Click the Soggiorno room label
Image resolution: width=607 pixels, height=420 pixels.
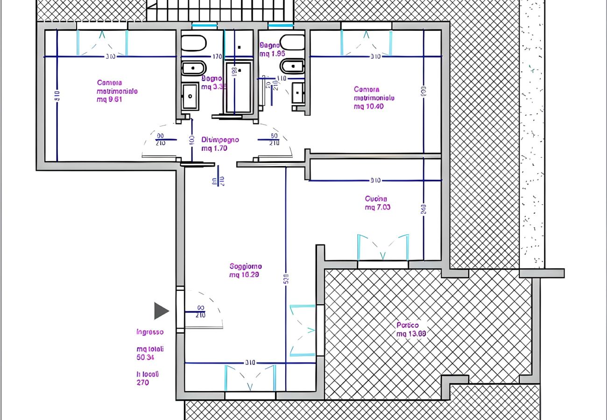pyautogui.click(x=245, y=270)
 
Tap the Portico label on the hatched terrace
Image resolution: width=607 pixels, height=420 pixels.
pyautogui.click(x=411, y=329)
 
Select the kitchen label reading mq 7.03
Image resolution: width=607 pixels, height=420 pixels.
pyautogui.click(x=377, y=203)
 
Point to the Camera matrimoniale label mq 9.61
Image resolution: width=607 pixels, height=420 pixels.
pyautogui.click(x=117, y=91)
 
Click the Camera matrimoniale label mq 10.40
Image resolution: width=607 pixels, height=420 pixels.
pyautogui.click(x=374, y=98)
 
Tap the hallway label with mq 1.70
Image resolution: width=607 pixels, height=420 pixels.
pyautogui.click(x=220, y=144)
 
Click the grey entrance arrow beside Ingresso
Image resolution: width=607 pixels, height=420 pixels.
pyautogui.click(x=161, y=311)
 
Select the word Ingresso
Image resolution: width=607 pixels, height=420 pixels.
pyautogui.click(x=150, y=332)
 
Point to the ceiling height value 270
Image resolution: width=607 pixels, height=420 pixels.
pyautogui.click(x=143, y=383)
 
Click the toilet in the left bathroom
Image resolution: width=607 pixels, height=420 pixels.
pyautogui.click(x=193, y=43)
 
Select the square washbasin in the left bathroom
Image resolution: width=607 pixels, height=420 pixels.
pyautogui.click(x=190, y=96)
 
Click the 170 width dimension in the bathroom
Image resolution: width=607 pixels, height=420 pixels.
pyautogui.click(x=217, y=57)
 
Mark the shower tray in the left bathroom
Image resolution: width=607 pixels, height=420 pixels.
pyautogui.click(x=239, y=88)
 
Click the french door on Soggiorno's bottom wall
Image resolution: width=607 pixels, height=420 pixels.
pyautogui.click(x=250, y=378)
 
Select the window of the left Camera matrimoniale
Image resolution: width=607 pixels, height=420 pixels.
pyautogui.click(x=102, y=42)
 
